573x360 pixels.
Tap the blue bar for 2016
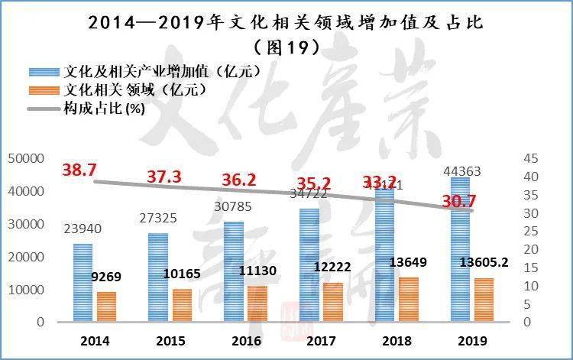[x=233, y=271]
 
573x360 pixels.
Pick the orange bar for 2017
[x=333, y=302]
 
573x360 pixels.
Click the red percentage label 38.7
[x=79, y=170]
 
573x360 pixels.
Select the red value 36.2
[x=239, y=180]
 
